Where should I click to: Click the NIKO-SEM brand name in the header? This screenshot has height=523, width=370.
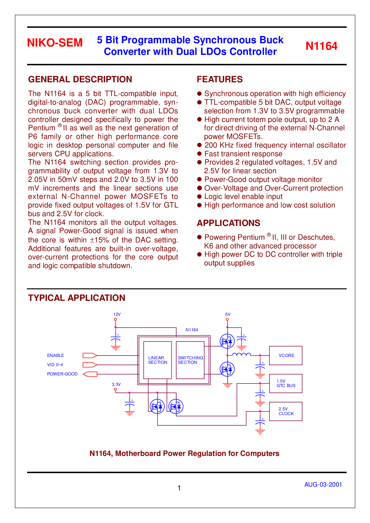(x=55, y=43)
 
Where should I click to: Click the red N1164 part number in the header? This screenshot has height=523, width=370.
(x=321, y=46)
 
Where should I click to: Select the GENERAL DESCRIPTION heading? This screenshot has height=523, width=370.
(x=80, y=79)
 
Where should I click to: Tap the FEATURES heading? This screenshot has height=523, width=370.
(x=220, y=79)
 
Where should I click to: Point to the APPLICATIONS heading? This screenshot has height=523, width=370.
(x=229, y=223)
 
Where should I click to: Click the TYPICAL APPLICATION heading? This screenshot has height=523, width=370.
(x=77, y=298)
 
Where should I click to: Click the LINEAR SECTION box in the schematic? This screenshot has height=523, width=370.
(x=158, y=360)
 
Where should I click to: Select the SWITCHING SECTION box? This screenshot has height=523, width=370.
(x=190, y=360)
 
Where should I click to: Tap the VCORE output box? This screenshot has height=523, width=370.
(x=286, y=355)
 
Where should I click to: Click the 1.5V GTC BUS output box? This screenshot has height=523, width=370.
(x=286, y=383)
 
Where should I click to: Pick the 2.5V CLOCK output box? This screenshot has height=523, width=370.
(x=286, y=411)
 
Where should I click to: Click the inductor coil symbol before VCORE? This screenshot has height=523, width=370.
(x=241, y=354)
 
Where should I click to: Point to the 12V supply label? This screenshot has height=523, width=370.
(x=117, y=314)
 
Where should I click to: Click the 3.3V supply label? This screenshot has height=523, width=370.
(x=116, y=384)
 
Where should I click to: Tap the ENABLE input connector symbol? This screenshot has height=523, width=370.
(x=90, y=355)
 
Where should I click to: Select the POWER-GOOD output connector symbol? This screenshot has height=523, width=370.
(x=90, y=374)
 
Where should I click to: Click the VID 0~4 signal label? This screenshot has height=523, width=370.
(x=55, y=365)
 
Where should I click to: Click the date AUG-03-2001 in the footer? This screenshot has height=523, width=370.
(x=323, y=485)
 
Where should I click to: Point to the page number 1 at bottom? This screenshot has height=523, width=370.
(x=179, y=488)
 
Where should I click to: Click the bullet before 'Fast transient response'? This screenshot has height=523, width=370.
(x=200, y=154)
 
